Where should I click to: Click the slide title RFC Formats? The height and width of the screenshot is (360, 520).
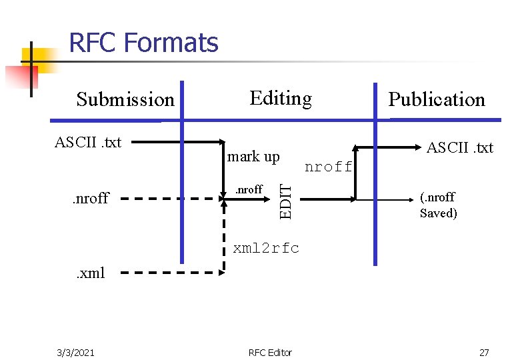143,43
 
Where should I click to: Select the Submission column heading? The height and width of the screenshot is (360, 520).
125,100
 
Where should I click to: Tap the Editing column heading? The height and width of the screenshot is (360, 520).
280,99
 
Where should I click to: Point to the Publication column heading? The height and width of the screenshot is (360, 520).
437,100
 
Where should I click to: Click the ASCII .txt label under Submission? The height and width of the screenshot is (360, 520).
88,142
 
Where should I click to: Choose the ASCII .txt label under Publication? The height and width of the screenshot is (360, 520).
459,147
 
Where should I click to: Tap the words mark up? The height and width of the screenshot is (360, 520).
253,157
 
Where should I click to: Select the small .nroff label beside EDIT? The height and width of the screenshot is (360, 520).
249,189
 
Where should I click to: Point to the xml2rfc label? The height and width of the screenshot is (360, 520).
266,249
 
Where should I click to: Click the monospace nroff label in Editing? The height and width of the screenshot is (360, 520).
328,167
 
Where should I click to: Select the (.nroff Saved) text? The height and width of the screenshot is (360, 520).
438,205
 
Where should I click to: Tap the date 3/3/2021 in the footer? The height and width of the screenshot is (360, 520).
75,352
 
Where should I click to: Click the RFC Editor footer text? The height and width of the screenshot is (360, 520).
270,352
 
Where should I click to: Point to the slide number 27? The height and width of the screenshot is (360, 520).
484,352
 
